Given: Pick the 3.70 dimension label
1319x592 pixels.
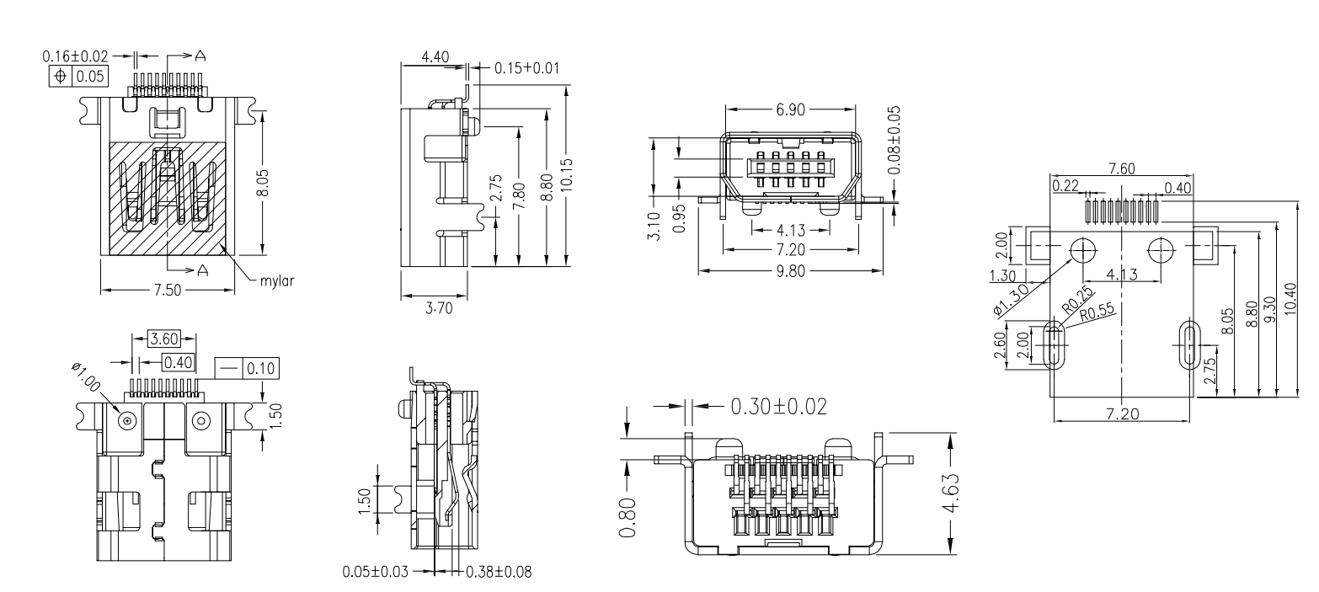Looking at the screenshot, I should (436, 309).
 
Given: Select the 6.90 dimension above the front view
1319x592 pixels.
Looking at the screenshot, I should (790, 111).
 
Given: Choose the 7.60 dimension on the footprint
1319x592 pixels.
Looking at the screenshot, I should (1121, 169).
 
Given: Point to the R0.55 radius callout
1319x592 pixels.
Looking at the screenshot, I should (1096, 310).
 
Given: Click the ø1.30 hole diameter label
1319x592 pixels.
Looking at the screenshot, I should (1012, 299).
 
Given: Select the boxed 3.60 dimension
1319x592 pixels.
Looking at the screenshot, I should (164, 339).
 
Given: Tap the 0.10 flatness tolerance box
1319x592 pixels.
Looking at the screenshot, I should (259, 368).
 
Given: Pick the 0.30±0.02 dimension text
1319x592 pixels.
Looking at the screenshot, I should (777, 406).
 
